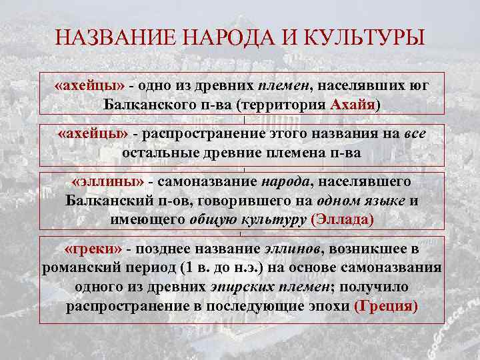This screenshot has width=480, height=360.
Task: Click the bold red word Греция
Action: tap(387, 307)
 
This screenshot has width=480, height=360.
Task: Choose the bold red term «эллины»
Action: tap(107, 182)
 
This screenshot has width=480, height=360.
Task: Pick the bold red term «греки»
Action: tap(93, 249)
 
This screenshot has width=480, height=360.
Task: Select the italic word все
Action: tap(415, 134)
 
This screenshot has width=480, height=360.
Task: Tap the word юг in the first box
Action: tap(417, 86)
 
